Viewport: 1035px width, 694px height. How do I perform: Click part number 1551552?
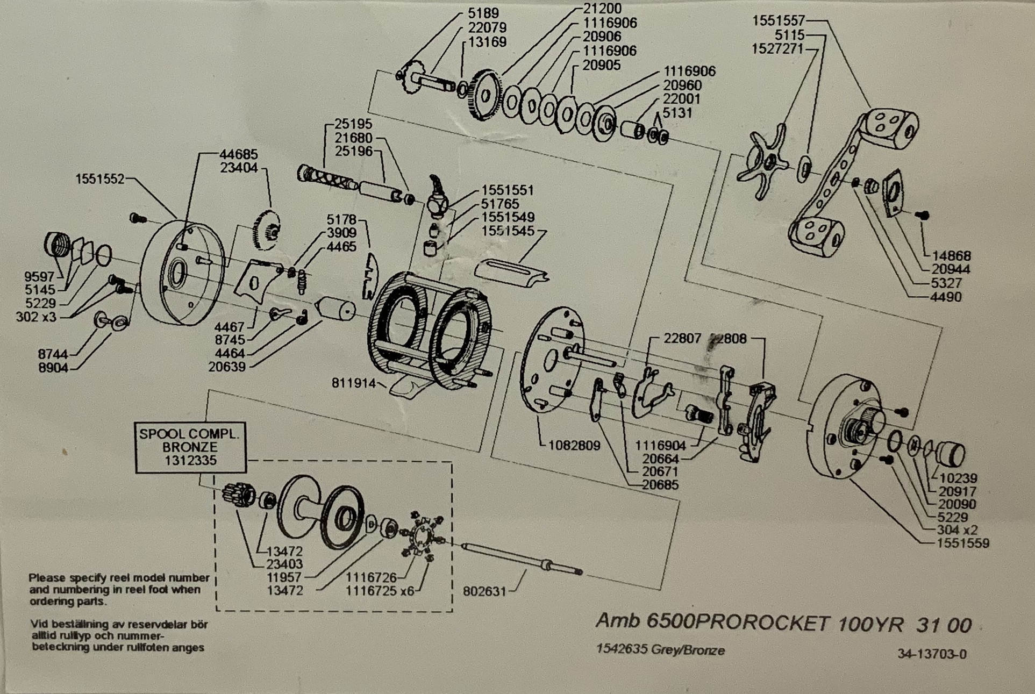tap(100, 179)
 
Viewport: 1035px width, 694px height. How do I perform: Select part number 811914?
tap(353, 383)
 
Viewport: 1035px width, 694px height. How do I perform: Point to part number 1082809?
tap(574, 445)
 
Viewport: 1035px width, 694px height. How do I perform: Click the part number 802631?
tap(484, 591)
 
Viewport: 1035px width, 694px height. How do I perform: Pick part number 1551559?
tap(962, 543)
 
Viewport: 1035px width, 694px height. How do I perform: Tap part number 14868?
tap(951, 256)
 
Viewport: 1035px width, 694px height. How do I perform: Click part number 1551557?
tap(778, 21)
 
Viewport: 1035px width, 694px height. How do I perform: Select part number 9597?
tap(39, 277)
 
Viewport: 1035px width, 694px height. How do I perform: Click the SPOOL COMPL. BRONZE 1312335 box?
tap(190, 447)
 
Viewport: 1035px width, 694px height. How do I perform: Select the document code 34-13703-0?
tap(932, 654)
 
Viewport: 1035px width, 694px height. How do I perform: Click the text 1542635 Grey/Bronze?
tap(660, 650)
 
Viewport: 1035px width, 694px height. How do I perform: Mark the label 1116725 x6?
tap(380, 591)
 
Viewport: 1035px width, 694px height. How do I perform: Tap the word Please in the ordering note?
tap(47, 578)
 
